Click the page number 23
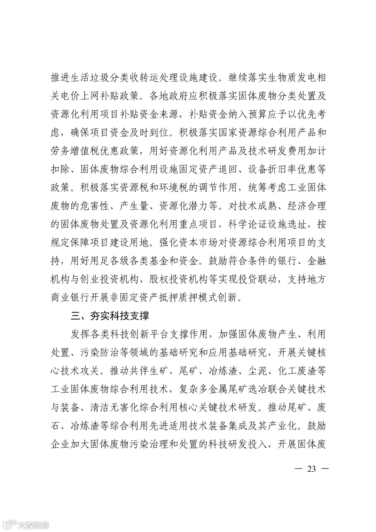[312, 469]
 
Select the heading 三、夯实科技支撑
[110, 316]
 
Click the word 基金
[158, 261]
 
